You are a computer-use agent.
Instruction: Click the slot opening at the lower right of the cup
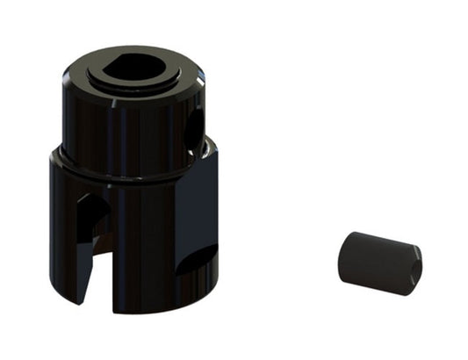[194, 260]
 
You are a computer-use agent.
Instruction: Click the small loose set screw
[378, 263]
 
